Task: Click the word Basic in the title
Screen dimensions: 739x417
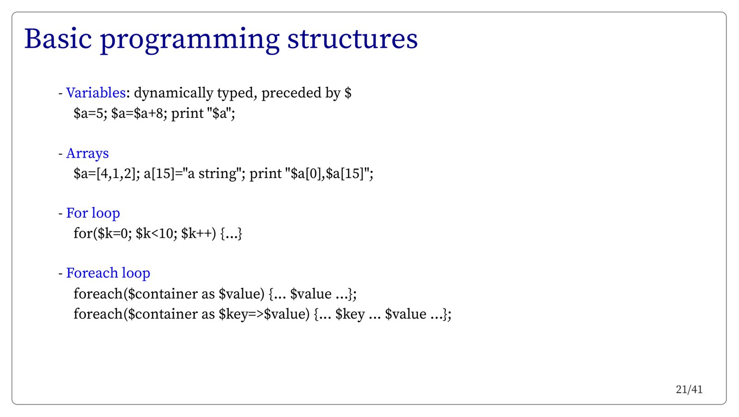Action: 58,39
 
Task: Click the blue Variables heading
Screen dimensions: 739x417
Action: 96,93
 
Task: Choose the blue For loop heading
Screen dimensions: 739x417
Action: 93,213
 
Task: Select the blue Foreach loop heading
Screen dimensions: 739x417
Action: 108,273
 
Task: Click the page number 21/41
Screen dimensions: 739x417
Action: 689,390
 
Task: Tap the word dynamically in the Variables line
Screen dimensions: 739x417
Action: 174,93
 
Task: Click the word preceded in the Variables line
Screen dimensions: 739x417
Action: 291,93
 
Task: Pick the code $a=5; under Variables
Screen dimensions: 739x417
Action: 91,114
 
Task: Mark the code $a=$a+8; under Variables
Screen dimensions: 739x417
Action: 139,114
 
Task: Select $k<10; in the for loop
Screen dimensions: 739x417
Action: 157,233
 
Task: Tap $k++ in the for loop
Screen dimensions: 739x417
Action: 196,233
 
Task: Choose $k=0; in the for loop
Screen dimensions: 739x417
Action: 115,233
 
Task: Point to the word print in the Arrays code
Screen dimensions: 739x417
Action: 265,174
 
